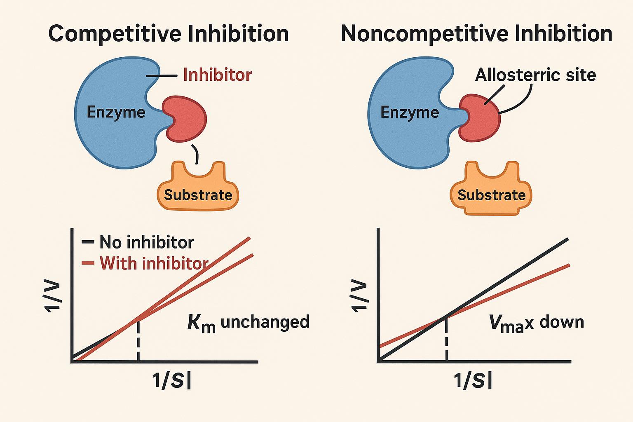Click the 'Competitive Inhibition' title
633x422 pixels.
pos(169,34)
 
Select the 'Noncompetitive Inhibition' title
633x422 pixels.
pos(476,34)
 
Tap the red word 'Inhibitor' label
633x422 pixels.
pos(217,75)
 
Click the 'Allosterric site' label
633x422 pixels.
pos(535,75)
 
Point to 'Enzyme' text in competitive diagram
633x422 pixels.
pos(116,112)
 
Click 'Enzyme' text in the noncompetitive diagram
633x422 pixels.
pos(410,112)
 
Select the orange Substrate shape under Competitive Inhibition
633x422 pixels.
pos(198,186)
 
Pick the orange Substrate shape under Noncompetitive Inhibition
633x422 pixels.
pos(491,188)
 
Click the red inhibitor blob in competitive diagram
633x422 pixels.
pos(185,119)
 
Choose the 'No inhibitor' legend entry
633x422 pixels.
pos(138,242)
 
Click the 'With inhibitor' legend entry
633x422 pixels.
pos(145,263)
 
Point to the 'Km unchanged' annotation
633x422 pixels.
pos(248,323)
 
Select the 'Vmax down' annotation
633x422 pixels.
pos(537,323)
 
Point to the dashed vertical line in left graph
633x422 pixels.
pos(138,340)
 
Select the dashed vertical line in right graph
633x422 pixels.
pos(446,339)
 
